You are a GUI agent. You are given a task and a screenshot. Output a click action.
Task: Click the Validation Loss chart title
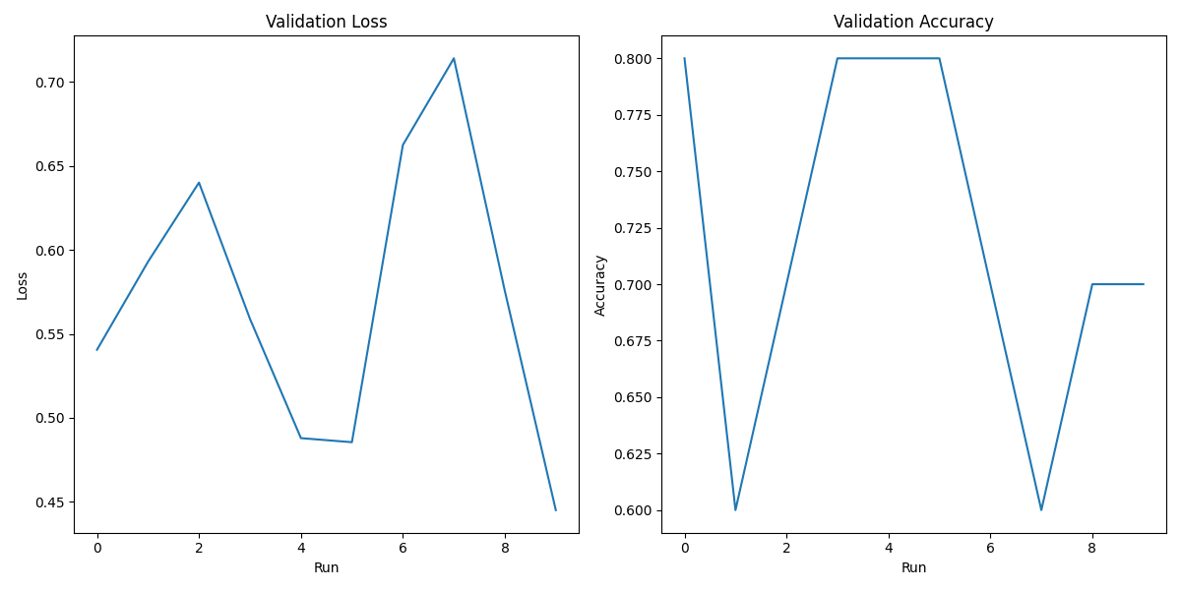[x=326, y=22]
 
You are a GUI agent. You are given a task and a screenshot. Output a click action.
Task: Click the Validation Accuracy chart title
[x=913, y=22]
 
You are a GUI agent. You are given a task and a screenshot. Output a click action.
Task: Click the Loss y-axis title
[x=23, y=285]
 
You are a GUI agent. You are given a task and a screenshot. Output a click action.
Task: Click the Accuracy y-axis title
[x=600, y=285]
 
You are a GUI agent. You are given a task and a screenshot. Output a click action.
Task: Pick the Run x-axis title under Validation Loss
[x=326, y=567]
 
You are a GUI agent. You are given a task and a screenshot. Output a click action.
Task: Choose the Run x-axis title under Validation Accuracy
[x=913, y=567]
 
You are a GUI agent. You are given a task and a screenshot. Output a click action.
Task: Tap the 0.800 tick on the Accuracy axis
[x=633, y=59]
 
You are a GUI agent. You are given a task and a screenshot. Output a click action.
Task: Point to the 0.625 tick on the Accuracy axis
[x=633, y=454]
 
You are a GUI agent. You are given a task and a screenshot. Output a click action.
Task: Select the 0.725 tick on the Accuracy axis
[x=633, y=228]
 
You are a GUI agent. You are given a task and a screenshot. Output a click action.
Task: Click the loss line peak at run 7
[x=454, y=58]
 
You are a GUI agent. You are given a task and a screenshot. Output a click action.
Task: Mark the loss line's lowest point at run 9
[x=555, y=509]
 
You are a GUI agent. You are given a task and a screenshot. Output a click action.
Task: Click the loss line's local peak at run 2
[x=199, y=182]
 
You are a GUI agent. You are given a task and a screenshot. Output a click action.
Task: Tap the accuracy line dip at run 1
[x=735, y=509]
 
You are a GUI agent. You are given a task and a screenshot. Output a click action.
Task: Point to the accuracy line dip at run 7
[x=1041, y=509]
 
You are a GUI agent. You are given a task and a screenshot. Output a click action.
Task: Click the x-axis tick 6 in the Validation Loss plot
[x=403, y=547]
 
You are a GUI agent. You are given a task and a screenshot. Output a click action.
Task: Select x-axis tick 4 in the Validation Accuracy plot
[x=889, y=547]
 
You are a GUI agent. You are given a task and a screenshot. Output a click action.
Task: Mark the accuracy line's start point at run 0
[x=685, y=58]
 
